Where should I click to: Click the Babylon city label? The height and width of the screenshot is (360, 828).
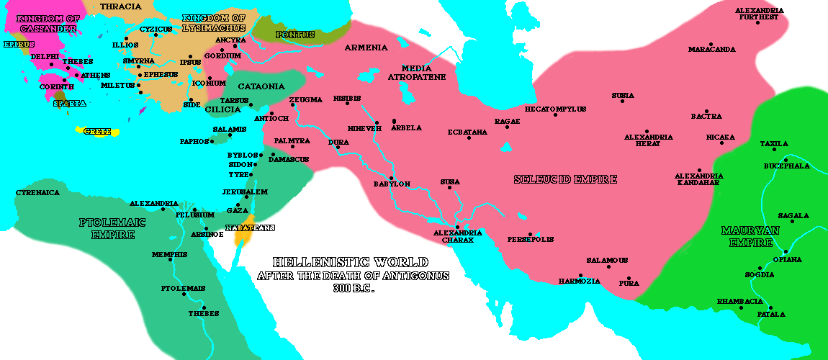click(392, 184)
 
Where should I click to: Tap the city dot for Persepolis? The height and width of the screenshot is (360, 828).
click(530, 234)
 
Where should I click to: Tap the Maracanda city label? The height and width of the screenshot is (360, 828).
click(711, 50)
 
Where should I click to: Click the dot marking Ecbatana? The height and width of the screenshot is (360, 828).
click(469, 138)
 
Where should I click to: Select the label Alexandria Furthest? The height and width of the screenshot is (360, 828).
click(759, 14)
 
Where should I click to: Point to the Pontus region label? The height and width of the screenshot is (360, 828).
click(294, 35)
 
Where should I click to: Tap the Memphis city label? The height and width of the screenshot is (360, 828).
click(169, 254)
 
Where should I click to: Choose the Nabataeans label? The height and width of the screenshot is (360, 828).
click(250, 228)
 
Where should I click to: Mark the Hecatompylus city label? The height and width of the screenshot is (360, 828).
click(555, 109)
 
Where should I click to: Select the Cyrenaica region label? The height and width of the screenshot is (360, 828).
click(37, 193)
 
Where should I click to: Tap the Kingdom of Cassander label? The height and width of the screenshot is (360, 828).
click(48, 22)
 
